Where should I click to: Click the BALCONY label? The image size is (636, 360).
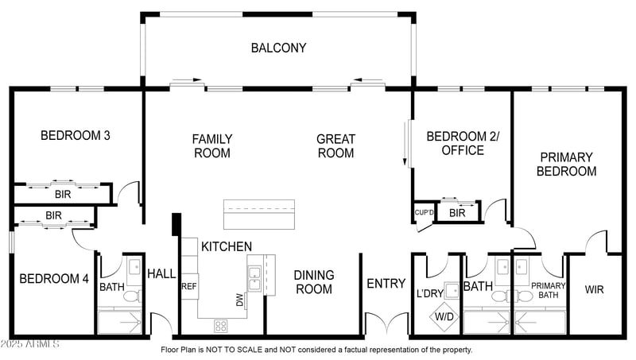(278, 48)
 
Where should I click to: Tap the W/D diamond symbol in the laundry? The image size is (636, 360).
(444, 316)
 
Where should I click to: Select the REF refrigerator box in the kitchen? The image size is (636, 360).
(189, 286)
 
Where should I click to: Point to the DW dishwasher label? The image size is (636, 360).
(240, 300)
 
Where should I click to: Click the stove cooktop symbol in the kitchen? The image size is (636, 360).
(221, 326)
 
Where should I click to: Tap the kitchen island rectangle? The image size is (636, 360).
(259, 214)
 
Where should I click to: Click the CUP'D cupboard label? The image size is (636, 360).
(424, 212)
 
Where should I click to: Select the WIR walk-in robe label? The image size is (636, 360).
(594, 289)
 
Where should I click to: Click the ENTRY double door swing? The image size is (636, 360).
(386, 323)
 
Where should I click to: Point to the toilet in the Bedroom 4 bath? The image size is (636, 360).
(132, 296)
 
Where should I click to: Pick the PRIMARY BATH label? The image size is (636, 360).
(548, 290)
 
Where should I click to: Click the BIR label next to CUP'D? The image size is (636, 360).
(457, 213)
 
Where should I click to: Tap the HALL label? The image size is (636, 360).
(161, 273)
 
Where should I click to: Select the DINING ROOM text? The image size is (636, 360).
(314, 282)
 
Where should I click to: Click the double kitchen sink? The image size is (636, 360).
(254, 278)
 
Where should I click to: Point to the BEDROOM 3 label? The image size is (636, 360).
(76, 135)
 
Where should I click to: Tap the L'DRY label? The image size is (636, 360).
(430, 292)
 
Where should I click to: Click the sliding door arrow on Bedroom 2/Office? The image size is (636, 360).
(405, 143)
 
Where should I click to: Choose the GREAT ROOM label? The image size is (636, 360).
(335, 146)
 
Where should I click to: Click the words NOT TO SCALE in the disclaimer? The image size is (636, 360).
(235, 350)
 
